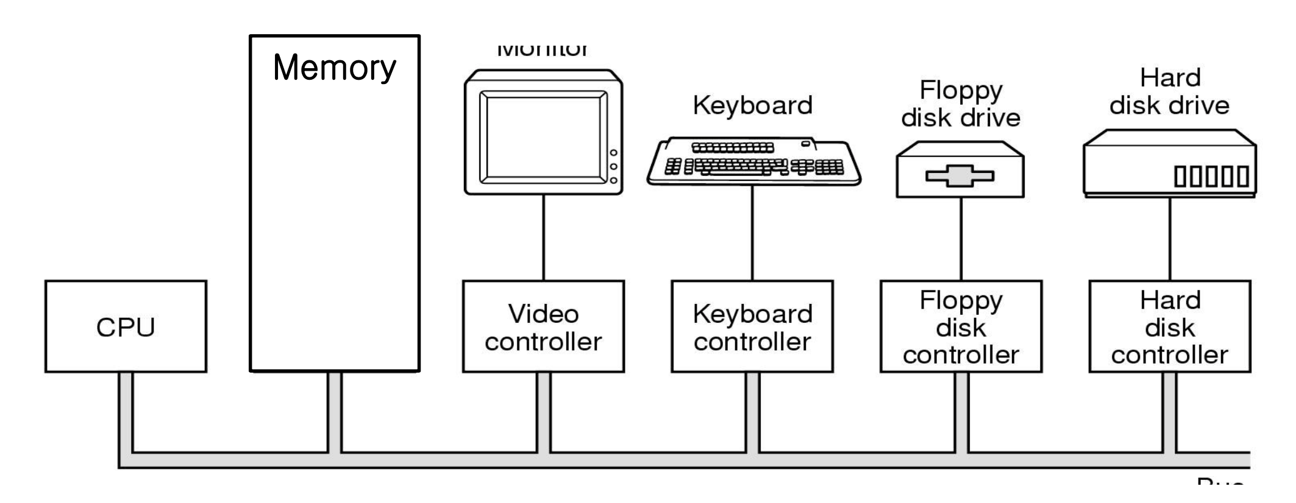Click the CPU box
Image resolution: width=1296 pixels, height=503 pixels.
pyautogui.click(x=126, y=326)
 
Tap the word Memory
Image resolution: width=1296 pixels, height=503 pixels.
pyautogui.click(x=334, y=68)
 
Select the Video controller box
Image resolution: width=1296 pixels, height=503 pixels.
pyautogui.click(x=543, y=326)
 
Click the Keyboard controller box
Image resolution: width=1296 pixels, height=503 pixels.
pyautogui.click(x=752, y=326)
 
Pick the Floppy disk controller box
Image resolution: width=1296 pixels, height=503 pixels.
pyautogui.click(x=961, y=326)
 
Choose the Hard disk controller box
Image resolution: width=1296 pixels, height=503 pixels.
pyautogui.click(x=1169, y=326)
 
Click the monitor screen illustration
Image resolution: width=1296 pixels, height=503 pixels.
pyautogui.click(x=543, y=136)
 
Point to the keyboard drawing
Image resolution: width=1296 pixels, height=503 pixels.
pyautogui.click(x=754, y=161)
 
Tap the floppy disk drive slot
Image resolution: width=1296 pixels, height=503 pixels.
pyautogui.click(x=960, y=177)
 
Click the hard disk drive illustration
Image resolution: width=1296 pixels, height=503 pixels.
pyautogui.click(x=1169, y=163)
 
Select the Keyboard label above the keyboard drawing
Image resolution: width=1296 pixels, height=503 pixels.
pyautogui.click(x=752, y=105)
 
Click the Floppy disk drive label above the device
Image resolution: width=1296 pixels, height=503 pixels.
pyautogui.click(x=961, y=104)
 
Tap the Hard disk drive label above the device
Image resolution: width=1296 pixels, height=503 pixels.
pyautogui.click(x=1169, y=92)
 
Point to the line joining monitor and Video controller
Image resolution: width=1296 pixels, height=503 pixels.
pyautogui.click(x=544, y=237)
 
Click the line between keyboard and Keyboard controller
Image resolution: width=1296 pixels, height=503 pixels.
pyautogui.click(x=752, y=233)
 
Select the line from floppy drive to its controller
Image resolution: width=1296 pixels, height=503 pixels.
pyautogui.click(x=961, y=239)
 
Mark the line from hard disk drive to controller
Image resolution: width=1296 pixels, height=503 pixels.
pyautogui.click(x=1169, y=239)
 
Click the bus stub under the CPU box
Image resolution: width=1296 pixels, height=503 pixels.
pyautogui.click(x=126, y=411)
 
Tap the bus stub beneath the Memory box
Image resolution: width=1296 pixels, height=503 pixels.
pyautogui.click(x=335, y=411)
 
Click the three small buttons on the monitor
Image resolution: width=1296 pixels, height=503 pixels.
pyautogui.click(x=613, y=166)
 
